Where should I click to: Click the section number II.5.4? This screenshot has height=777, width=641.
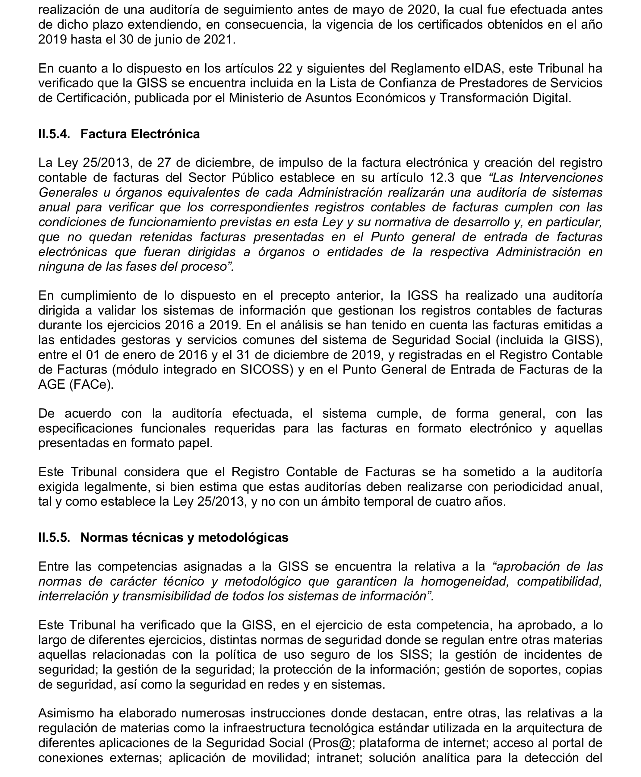(x=54, y=134)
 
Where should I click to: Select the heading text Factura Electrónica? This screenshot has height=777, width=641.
(x=140, y=134)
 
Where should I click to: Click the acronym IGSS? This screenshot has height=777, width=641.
(x=422, y=296)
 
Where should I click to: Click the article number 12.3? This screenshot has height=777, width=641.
(x=442, y=178)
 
